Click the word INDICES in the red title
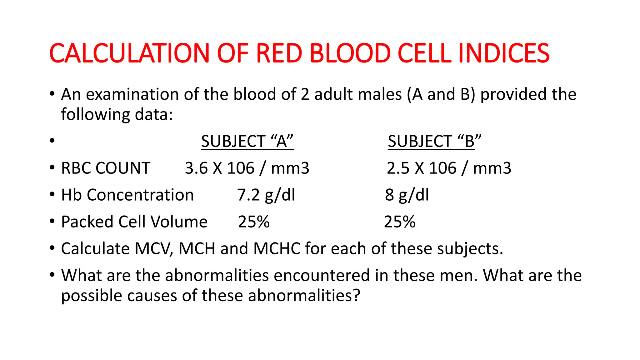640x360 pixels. (503, 53)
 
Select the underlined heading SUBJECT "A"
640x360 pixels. (247, 141)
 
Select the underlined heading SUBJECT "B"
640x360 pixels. (434, 141)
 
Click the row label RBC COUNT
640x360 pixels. (106, 168)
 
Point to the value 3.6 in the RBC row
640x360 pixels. (196, 168)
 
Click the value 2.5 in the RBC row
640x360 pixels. (398, 168)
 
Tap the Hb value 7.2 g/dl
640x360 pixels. (266, 195)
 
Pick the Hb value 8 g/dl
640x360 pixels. (407, 195)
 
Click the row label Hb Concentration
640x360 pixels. (127, 195)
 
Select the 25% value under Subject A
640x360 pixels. (254, 222)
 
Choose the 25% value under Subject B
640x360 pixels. (400, 222)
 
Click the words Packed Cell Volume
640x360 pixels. (134, 222)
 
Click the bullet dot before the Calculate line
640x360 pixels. (52, 248)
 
